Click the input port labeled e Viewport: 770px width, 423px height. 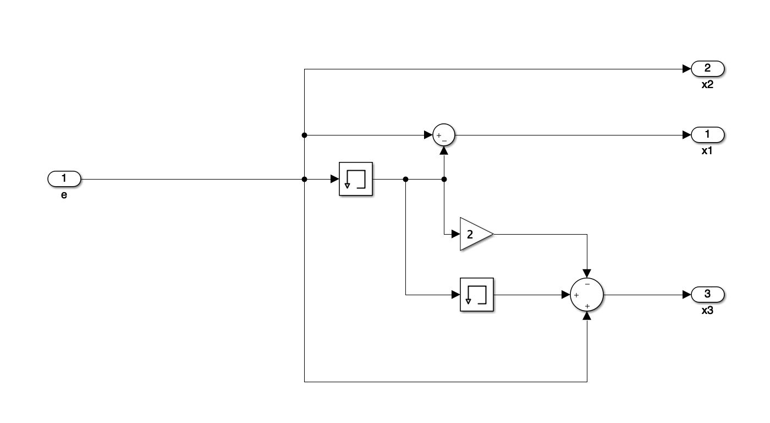(64, 179)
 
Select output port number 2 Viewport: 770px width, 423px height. (708, 69)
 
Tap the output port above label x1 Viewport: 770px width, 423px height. (708, 134)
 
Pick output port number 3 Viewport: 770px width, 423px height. (708, 295)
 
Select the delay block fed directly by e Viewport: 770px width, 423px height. (356, 179)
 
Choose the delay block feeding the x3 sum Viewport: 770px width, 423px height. (476, 295)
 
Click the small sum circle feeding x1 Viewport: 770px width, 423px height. (444, 135)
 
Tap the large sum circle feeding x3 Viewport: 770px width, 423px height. (587, 295)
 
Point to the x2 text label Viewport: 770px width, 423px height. (707, 85)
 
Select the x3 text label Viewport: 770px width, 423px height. (707, 311)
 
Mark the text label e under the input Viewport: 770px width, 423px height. (64, 195)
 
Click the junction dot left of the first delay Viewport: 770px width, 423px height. (305, 179)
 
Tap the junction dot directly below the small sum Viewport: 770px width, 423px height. (444, 179)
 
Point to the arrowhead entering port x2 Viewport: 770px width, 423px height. (687, 69)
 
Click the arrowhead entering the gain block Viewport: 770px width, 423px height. (456, 234)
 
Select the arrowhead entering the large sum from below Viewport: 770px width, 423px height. (587, 316)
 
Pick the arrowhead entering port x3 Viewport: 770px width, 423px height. (687, 295)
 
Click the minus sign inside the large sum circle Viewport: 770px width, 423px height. (587, 284)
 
